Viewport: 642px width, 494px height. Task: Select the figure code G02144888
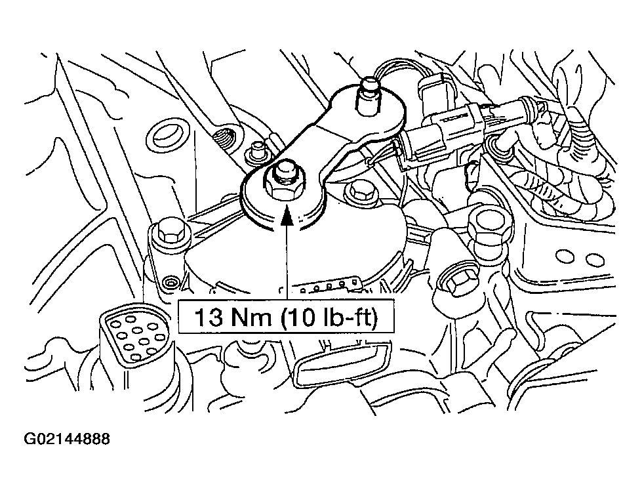(x=68, y=439)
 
